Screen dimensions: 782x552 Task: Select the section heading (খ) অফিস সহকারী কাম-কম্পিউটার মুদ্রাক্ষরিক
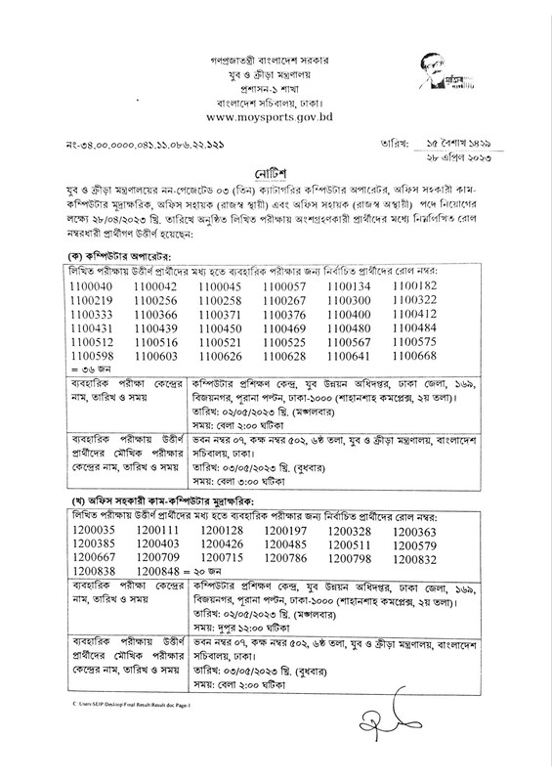(166, 500)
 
